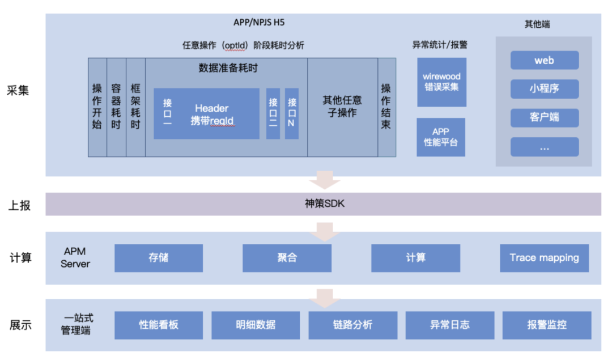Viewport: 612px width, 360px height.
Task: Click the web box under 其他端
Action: click(545, 60)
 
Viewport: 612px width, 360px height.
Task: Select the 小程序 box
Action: click(545, 89)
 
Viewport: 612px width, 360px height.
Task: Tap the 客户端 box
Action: click(545, 117)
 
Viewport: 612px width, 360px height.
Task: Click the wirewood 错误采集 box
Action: click(442, 82)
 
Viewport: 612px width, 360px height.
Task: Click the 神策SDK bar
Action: click(323, 204)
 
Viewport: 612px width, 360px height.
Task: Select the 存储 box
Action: click(159, 258)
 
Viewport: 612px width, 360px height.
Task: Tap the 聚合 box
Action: click(287, 258)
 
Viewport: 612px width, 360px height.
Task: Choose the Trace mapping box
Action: click(544, 258)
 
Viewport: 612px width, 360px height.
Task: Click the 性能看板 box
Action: click(159, 325)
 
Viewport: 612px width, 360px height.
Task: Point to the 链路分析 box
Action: click(352, 325)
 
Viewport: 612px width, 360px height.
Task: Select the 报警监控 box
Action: click(546, 325)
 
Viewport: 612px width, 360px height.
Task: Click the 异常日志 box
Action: click(449, 325)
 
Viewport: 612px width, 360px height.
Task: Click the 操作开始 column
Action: click(97, 107)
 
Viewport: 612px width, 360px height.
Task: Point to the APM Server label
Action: click(75, 257)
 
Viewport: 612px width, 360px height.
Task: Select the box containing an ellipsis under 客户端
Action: click(545, 147)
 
